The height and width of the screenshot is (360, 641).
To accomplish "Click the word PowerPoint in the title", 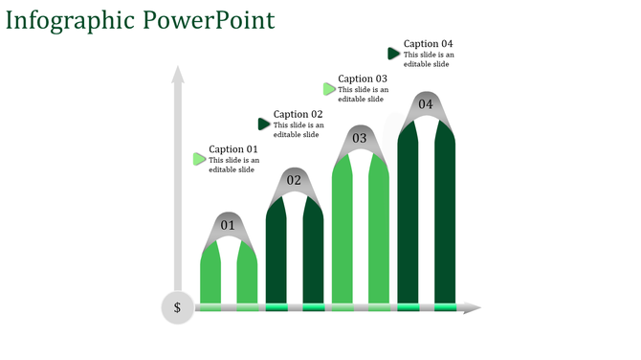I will pos(209,20).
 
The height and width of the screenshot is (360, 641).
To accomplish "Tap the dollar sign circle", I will pos(177,307).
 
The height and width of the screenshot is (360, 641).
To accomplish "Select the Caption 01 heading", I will pos(233,149).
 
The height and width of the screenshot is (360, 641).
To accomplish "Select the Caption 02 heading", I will pos(298,115).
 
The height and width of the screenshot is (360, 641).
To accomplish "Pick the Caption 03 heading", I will pos(363,79).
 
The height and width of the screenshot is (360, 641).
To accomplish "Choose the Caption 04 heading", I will pos(428,44).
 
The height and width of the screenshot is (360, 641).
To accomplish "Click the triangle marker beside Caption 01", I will pos(199,159).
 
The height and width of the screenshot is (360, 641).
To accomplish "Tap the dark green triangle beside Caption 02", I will pos(264,124).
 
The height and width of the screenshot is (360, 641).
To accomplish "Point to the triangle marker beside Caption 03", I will pos(329,89).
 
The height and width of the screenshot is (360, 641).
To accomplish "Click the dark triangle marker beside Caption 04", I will pos(393,54).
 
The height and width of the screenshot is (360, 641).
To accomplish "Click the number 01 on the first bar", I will pos(228,226).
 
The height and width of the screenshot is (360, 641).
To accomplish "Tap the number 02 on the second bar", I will pos(294,181).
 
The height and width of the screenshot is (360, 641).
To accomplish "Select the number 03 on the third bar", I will pos(360,139).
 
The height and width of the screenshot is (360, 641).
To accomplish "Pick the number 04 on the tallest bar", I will pos(426,104).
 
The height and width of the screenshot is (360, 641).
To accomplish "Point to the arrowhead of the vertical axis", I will pos(177,75).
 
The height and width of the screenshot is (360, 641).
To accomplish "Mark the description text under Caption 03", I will pos(363,95).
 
